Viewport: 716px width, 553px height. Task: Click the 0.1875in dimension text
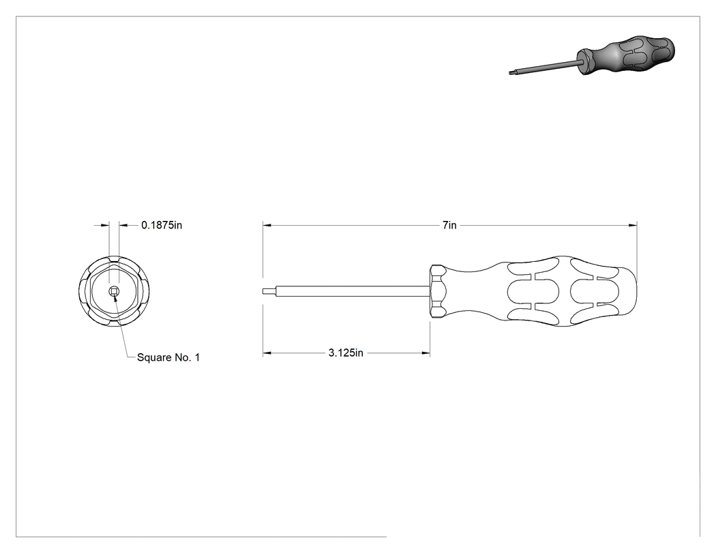(x=162, y=225)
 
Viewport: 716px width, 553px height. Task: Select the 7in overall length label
(x=449, y=225)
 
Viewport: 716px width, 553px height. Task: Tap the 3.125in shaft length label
(x=346, y=353)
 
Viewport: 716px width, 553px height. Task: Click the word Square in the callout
(x=154, y=357)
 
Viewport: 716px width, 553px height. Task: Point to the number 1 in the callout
(x=197, y=357)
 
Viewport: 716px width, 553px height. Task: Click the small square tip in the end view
(x=114, y=291)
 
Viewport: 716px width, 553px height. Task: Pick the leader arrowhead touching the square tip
(x=115, y=297)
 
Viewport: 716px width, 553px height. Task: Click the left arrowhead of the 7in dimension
(x=267, y=225)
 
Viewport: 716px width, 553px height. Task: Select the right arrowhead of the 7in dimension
(x=632, y=225)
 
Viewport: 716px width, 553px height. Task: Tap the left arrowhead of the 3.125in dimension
(x=267, y=353)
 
